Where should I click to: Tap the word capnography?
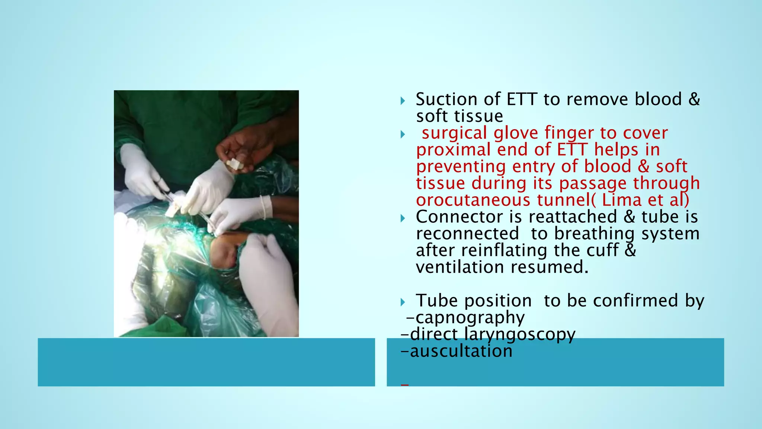pos(470,318)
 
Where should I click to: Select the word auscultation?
pos(461,351)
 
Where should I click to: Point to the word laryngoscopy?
pos(519,334)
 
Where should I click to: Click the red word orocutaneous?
pos(473,200)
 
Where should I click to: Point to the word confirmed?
pos(635,301)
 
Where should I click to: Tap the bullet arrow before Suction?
pos(403,101)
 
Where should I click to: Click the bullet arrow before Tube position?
pos(403,302)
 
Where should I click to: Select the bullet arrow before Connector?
pos(403,218)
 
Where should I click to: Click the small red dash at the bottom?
pos(405,385)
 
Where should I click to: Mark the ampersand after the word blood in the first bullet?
pos(694,99)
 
